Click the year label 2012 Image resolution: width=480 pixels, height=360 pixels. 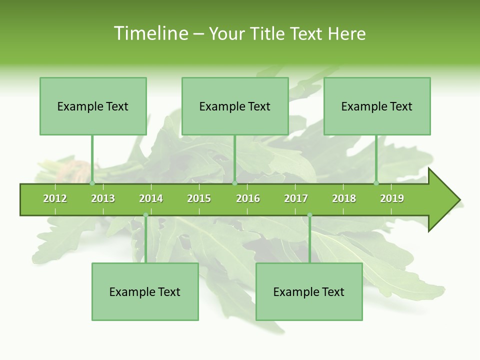[x=55, y=198]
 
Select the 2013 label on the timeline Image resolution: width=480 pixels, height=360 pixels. [x=103, y=198]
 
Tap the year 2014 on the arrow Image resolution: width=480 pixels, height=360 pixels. [x=151, y=198]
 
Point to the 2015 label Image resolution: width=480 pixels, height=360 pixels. [x=199, y=198]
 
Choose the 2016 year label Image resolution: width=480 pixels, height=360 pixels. [x=248, y=198]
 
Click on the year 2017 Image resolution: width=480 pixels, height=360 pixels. [x=296, y=198]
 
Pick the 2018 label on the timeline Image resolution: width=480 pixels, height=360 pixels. [x=344, y=198]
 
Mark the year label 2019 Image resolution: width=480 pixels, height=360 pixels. [x=392, y=198]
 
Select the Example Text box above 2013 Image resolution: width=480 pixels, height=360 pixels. [x=93, y=106]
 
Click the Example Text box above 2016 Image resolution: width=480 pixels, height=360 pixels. [x=235, y=106]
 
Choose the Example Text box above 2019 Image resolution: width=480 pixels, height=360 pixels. [x=377, y=106]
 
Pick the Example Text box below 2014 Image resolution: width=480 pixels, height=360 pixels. [x=145, y=291]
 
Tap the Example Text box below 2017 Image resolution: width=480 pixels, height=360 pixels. [x=309, y=291]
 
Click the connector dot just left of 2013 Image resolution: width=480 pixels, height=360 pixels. [x=92, y=183]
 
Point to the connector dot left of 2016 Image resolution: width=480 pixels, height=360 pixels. [x=234, y=183]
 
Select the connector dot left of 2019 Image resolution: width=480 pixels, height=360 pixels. [x=376, y=183]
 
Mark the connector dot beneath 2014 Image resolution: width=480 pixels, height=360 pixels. [x=145, y=215]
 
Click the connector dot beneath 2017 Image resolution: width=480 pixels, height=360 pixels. [x=309, y=215]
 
